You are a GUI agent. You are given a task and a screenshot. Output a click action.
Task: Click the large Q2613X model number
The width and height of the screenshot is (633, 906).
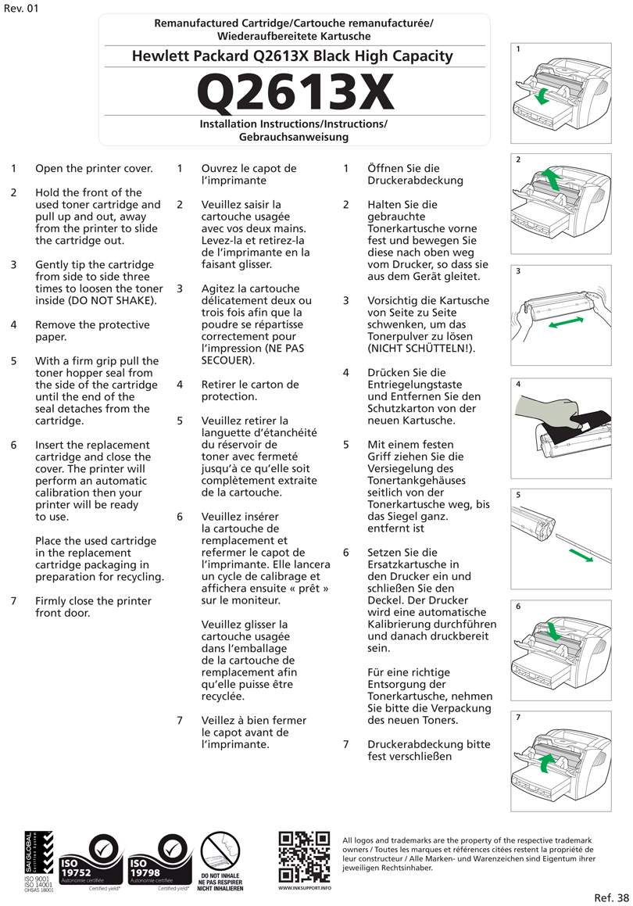coord(294,91)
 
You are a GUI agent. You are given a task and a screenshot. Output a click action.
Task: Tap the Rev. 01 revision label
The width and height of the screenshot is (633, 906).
coord(20,9)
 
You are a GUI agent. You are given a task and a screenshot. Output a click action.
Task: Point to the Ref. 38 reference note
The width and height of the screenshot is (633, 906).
coord(611,897)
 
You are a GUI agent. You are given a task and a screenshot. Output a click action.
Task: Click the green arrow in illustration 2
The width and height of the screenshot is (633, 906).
coord(551,179)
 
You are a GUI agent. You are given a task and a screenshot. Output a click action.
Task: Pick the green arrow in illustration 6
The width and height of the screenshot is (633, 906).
coord(552,631)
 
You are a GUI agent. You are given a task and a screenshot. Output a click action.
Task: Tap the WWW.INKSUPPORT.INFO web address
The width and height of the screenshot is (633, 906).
coord(304,889)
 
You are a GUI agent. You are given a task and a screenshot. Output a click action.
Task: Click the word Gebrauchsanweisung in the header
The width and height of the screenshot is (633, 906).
coord(293,137)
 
